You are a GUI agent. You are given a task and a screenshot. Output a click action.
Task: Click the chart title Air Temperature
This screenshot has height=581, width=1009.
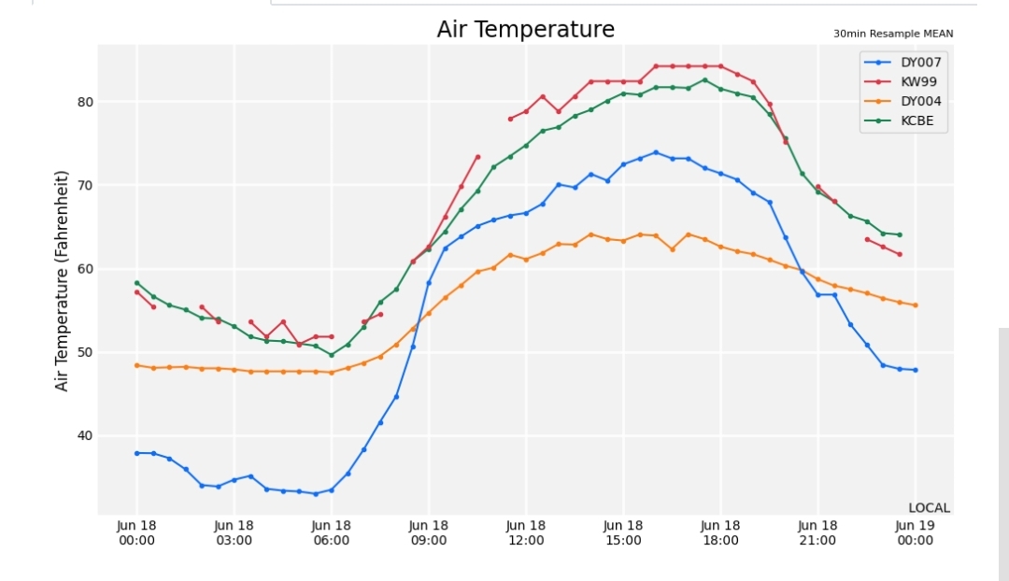(x=526, y=29)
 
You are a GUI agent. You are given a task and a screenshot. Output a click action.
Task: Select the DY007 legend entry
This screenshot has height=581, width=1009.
(x=902, y=63)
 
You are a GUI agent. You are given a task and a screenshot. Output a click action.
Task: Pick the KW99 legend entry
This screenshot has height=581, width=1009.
(x=901, y=81)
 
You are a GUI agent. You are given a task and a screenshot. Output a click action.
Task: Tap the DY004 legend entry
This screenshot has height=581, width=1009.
(x=902, y=101)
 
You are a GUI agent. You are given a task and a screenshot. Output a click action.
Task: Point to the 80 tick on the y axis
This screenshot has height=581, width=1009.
(x=86, y=102)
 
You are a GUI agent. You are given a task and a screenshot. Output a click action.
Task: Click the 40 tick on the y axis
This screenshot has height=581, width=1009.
(x=86, y=435)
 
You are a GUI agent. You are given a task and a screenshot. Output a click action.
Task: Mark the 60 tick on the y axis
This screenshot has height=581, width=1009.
(x=86, y=269)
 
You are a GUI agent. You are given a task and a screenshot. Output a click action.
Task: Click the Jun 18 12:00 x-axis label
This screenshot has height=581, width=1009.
(x=526, y=532)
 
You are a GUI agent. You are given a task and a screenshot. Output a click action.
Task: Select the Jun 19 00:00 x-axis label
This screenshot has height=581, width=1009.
(x=915, y=532)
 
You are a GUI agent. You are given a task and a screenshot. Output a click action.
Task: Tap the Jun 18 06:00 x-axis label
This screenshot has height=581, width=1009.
(x=332, y=532)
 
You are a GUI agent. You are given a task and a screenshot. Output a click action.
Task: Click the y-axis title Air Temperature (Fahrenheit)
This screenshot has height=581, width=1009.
(x=61, y=280)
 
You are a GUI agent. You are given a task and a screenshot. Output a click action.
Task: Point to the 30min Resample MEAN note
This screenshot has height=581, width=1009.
(x=893, y=34)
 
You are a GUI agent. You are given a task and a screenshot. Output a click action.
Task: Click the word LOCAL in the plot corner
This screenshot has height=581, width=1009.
(x=930, y=507)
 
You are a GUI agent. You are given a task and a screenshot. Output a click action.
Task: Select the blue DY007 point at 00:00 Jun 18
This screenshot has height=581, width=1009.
(x=137, y=454)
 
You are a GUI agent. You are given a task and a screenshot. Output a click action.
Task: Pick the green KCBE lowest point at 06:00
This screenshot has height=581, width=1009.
(x=332, y=355)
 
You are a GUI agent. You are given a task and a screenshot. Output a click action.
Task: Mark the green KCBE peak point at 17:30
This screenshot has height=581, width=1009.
(x=704, y=80)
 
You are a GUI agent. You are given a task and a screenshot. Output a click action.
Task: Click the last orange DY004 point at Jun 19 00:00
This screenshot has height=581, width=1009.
(x=915, y=305)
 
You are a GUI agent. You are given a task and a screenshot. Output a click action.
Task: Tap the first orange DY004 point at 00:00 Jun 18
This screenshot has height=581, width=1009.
(x=137, y=365)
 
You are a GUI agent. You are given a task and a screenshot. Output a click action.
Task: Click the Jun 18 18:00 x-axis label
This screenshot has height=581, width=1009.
(x=720, y=532)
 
